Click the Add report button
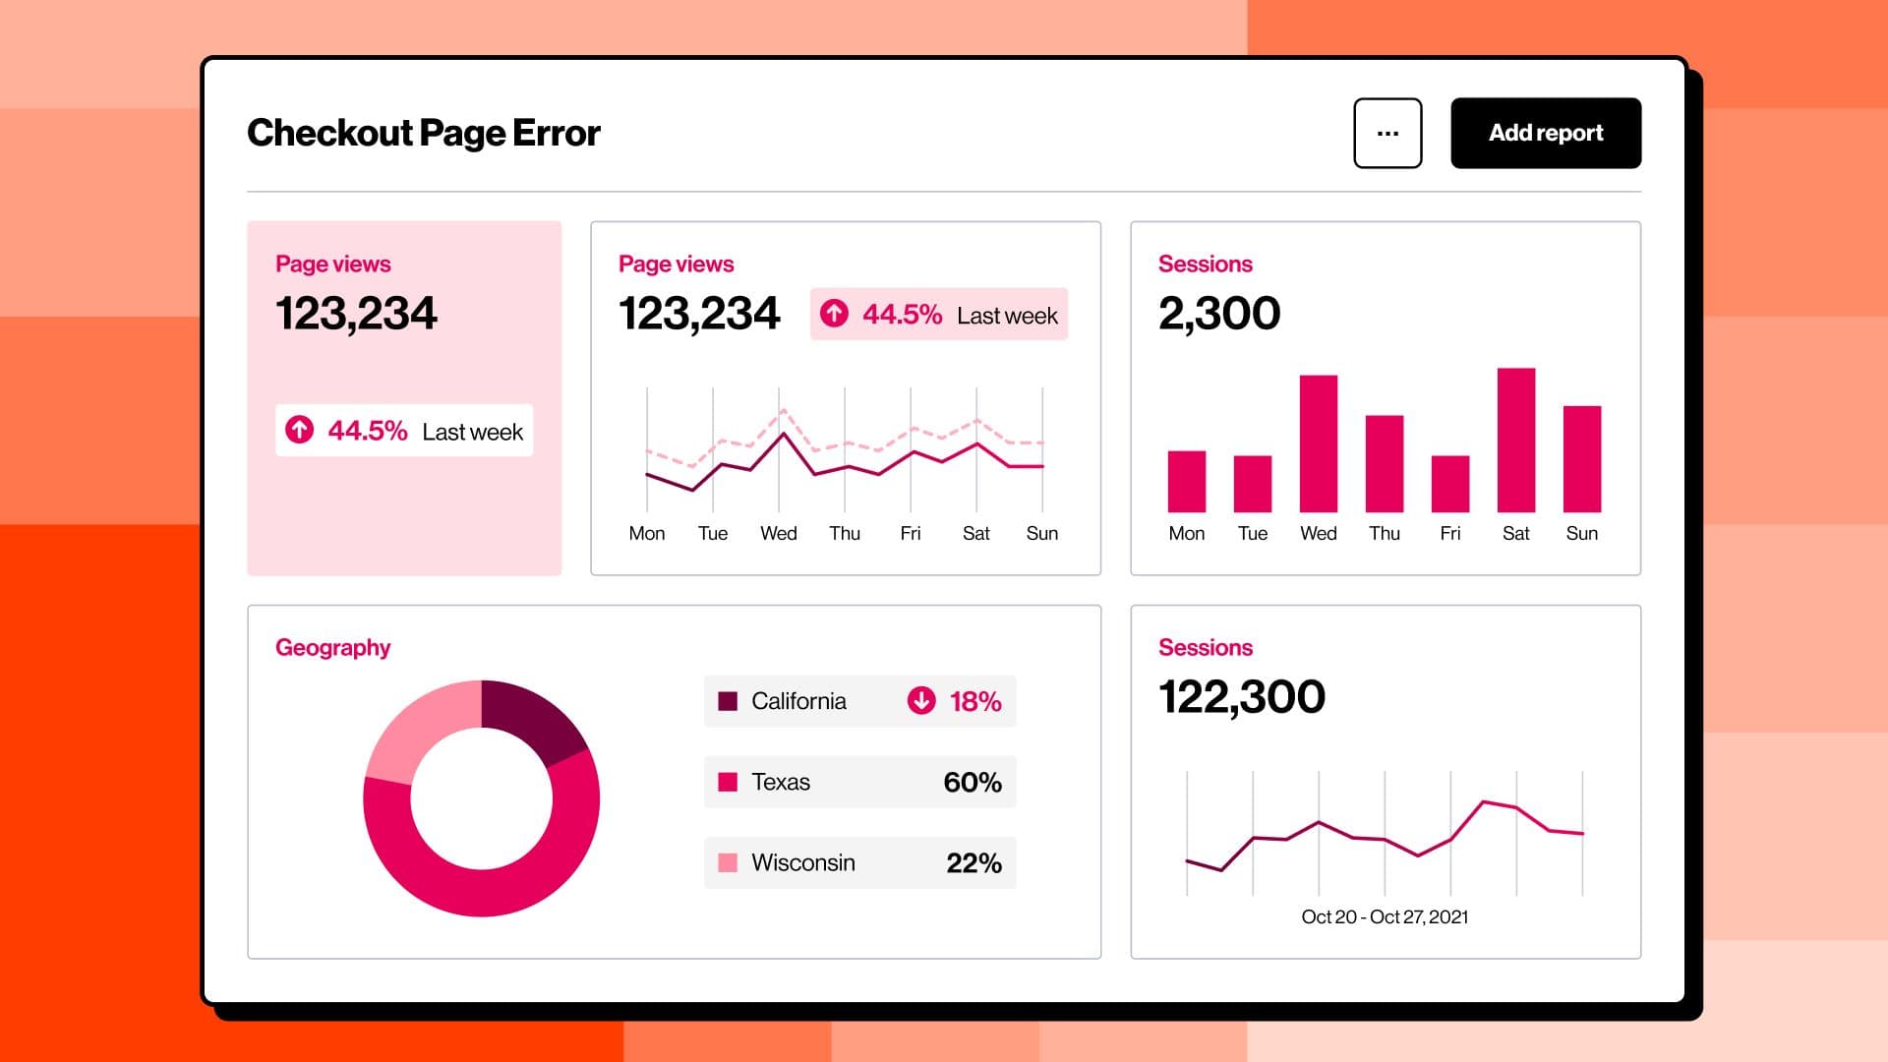click(x=1545, y=133)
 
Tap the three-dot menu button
click(x=1387, y=133)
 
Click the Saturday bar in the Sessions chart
click(x=1515, y=440)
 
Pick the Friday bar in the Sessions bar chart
click(x=1449, y=483)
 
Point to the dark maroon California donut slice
click(x=531, y=718)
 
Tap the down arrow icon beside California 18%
click(x=920, y=700)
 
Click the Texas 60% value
click(x=972, y=782)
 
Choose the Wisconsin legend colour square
click(x=728, y=862)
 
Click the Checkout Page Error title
click(x=423, y=133)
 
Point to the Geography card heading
click(x=332, y=647)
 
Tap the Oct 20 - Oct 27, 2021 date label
click(x=1385, y=916)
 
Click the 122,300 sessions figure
click(x=1241, y=696)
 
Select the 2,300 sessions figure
click(x=1219, y=313)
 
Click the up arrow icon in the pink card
click(x=299, y=430)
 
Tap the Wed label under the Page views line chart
click(x=778, y=533)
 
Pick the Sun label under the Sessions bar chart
click(x=1581, y=533)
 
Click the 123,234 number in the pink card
click(x=356, y=313)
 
